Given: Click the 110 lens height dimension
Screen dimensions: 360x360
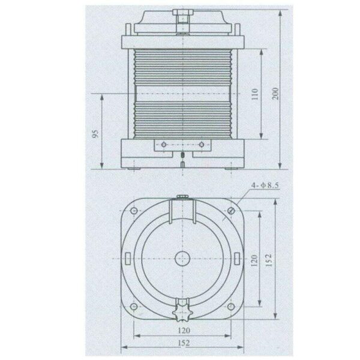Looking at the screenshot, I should (x=254, y=94).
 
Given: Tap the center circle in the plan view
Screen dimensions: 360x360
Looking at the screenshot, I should (x=181, y=258).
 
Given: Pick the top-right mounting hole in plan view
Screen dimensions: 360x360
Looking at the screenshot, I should (x=231, y=210).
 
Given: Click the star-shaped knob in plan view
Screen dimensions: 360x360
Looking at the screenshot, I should (x=181, y=313).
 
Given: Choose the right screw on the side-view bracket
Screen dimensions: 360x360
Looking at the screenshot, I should (x=201, y=144).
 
